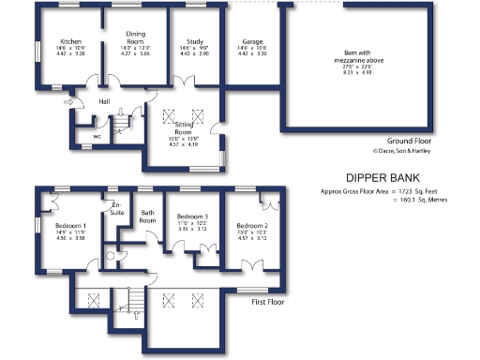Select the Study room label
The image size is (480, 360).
click(196, 43)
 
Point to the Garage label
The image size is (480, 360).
click(251, 43)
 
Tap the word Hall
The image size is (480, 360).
click(104, 101)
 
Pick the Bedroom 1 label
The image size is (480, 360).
click(70, 226)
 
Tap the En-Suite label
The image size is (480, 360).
click(117, 207)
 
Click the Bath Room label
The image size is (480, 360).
click(147, 215)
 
